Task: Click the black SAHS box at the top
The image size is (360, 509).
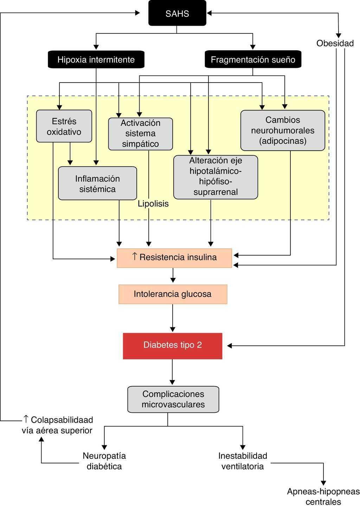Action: [177, 13]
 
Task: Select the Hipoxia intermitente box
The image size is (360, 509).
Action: [96, 60]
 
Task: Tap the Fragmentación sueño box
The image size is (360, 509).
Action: [253, 60]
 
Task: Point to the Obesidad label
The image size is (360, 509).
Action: [335, 43]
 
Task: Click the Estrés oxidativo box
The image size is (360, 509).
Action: [64, 126]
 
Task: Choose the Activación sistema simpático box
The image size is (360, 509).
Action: [140, 133]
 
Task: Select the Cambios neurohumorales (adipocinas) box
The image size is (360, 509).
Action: [283, 130]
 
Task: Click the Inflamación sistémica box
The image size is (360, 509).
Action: [97, 183]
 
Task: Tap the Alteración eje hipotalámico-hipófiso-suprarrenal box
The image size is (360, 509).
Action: [216, 177]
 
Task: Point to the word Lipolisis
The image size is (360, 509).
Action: [153, 204]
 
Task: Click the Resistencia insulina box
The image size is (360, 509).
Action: [174, 258]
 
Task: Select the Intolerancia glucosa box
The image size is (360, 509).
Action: [173, 294]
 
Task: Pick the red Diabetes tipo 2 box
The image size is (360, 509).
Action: [173, 346]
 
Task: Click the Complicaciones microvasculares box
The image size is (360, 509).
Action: [173, 399]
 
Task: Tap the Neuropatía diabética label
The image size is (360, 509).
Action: [104, 461]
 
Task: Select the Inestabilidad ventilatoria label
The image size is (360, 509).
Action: [243, 461]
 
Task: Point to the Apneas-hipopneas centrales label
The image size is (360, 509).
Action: [323, 496]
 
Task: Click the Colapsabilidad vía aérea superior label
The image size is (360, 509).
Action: [57, 425]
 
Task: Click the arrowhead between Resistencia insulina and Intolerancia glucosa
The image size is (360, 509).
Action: [173, 280]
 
